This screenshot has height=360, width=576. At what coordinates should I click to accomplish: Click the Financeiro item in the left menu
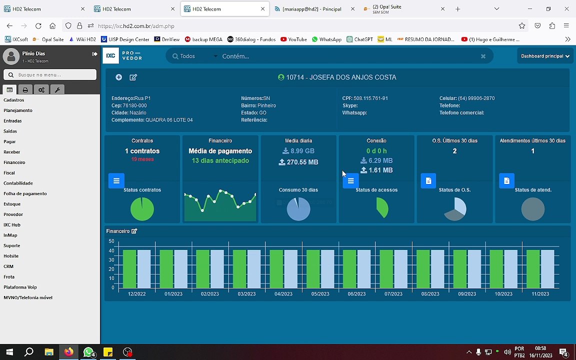coord(14,162)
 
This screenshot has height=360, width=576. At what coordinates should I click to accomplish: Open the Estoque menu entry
coord(12,204)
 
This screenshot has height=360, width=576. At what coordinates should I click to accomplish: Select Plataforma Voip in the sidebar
coord(20,287)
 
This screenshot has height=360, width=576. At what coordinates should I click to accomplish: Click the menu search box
coord(50,75)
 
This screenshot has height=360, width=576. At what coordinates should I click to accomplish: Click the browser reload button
coord(38,26)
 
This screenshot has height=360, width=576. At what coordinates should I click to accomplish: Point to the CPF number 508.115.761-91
coord(371,98)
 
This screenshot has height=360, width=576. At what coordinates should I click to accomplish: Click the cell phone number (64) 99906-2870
coord(476,98)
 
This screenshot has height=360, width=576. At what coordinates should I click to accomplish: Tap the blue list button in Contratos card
coord(116,181)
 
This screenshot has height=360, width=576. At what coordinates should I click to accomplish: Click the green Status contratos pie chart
coord(142,209)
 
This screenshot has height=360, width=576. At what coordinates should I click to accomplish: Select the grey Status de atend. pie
coord(532,209)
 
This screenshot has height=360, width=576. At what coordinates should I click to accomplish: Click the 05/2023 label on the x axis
coord(320,294)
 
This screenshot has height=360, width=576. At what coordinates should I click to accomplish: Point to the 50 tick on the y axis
coord(111,241)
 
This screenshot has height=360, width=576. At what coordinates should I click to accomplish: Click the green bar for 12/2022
coord(129,268)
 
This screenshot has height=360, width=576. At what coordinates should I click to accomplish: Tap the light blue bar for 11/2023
coord(547,268)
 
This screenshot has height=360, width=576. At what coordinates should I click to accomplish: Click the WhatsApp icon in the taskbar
coord(88,352)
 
